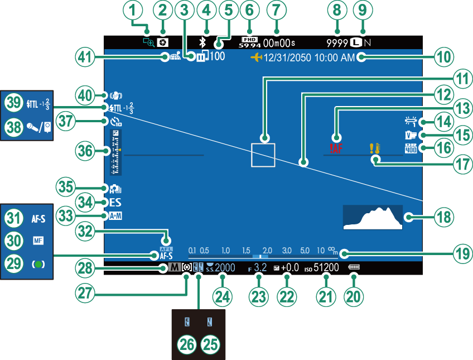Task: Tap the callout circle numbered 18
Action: pos(444,217)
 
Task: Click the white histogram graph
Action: pos(373,217)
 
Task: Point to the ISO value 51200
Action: pos(326,268)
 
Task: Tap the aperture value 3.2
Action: pos(260,268)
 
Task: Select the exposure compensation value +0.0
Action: pos(290,268)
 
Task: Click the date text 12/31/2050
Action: pos(288,57)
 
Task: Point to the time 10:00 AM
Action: pos(336,57)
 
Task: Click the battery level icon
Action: pos(354,268)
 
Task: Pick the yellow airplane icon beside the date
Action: pos(256,57)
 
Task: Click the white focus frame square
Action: pos(263,154)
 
